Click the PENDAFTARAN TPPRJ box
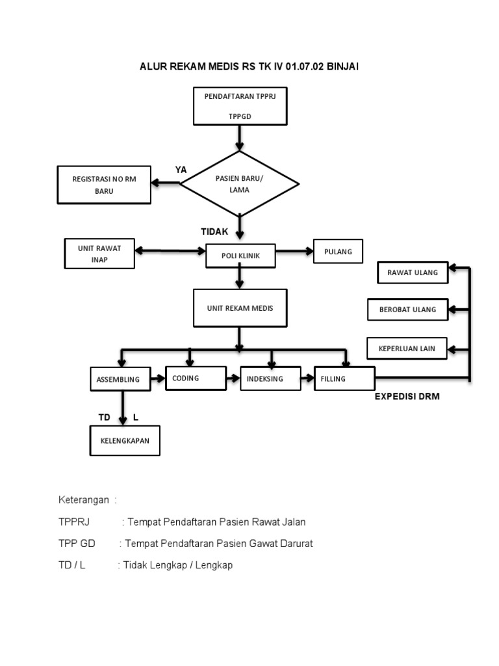pos(240,106)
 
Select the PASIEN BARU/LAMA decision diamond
pos(240,184)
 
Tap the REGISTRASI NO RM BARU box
pos(104,185)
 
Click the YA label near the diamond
pos(181,170)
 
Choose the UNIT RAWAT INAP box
pos(99,253)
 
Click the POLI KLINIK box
pos(240,256)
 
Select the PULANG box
pos(338,252)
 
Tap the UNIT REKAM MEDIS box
pos(240,308)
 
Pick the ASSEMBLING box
pos(118,379)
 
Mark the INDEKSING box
pos(270,379)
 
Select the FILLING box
pos(344,379)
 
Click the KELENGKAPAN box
pos(124,441)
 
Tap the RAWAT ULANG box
pos(413,273)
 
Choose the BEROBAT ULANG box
pos(407,310)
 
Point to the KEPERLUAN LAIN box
pos(407,349)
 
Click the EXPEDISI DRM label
pos(407,397)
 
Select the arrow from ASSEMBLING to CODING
pos(157,378)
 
